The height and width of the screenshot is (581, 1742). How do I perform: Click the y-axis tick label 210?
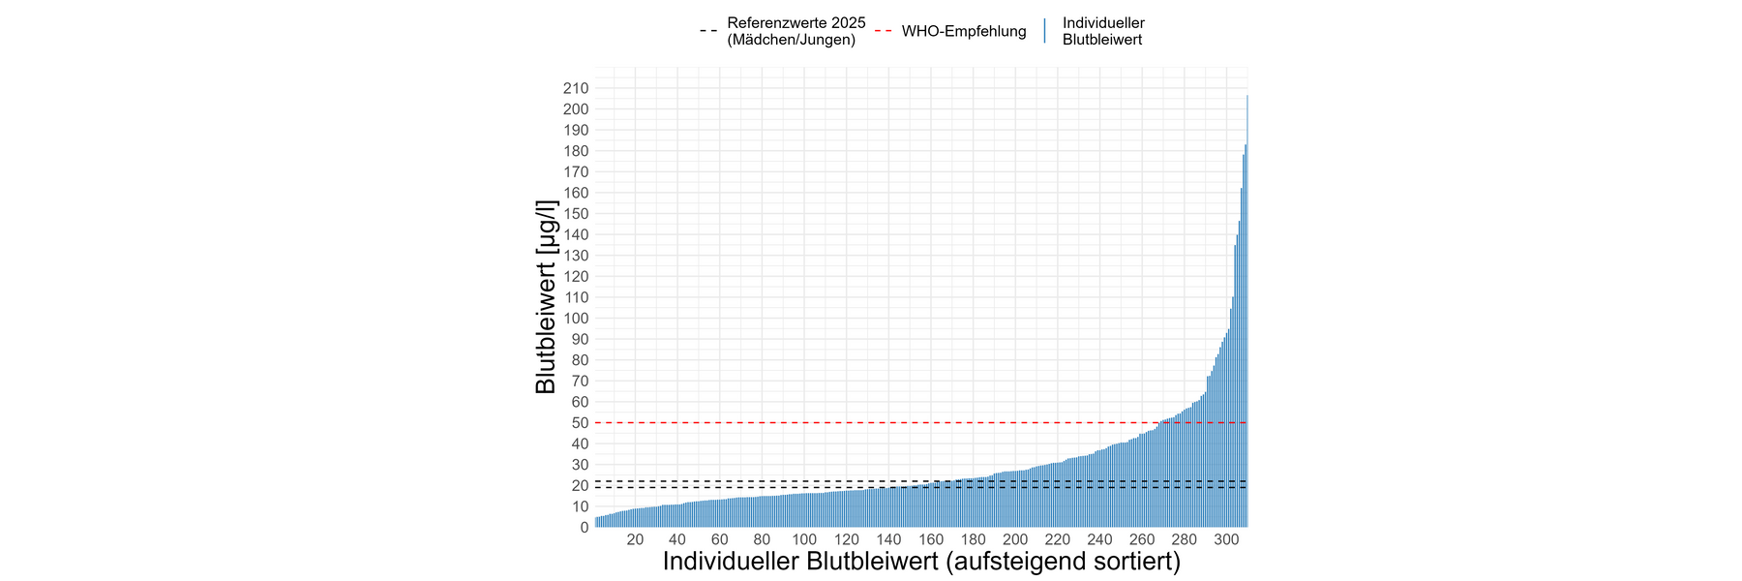pyautogui.click(x=576, y=88)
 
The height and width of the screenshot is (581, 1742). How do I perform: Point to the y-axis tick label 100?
pyautogui.click(x=576, y=319)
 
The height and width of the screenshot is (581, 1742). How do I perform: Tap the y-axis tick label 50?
pyautogui.click(x=580, y=423)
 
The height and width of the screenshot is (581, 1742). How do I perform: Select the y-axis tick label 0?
pyautogui.click(x=584, y=528)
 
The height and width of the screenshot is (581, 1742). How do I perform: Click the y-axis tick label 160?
pyautogui.click(x=576, y=193)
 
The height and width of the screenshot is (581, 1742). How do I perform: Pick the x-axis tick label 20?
pyautogui.click(x=635, y=540)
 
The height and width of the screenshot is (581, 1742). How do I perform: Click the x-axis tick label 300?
pyautogui.click(x=1226, y=540)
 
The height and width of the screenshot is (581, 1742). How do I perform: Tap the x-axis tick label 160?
pyautogui.click(x=931, y=540)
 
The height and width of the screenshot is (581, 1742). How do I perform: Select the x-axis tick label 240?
pyautogui.click(x=1099, y=540)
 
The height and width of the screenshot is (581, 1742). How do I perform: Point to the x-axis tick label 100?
pyautogui.click(x=804, y=540)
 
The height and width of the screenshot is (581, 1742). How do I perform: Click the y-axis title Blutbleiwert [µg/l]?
pyautogui.click(x=546, y=297)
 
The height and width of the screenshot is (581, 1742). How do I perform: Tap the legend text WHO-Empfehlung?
pyautogui.click(x=964, y=32)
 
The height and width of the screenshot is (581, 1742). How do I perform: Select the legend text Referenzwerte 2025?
pyautogui.click(x=796, y=23)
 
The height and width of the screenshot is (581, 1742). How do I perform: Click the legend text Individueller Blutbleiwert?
pyautogui.click(x=1103, y=31)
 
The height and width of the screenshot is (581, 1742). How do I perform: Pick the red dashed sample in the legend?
pyautogui.click(x=883, y=32)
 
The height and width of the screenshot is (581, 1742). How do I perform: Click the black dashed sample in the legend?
pyautogui.click(x=708, y=32)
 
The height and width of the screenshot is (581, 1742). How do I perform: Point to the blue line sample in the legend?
pyautogui.click(x=1045, y=31)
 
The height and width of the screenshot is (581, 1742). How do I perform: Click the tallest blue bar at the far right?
pyautogui.click(x=1246, y=310)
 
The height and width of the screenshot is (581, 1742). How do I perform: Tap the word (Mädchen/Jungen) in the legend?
pyautogui.click(x=792, y=40)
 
